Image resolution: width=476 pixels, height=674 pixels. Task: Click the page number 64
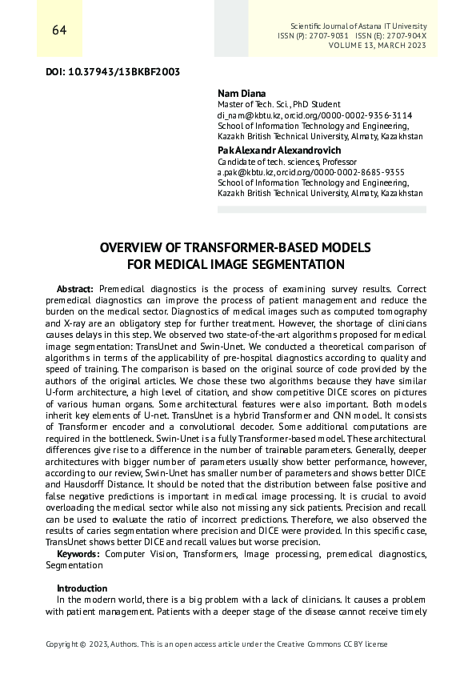59,30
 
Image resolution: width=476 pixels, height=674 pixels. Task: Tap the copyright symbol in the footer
82,644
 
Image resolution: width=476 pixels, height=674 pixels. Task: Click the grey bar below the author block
322,210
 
